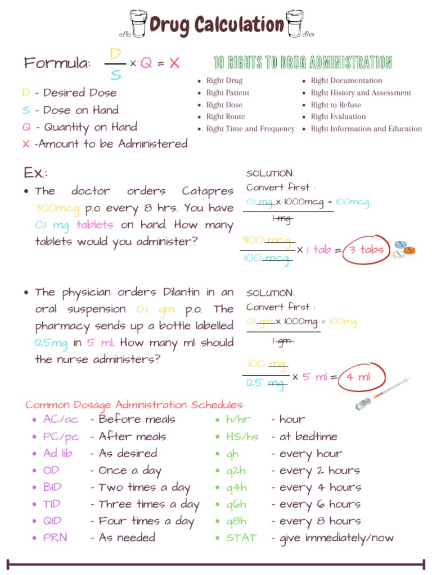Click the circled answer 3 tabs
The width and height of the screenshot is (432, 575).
[366, 250]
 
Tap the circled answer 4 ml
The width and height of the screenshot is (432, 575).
[358, 377]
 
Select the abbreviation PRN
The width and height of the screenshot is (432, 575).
[55, 537]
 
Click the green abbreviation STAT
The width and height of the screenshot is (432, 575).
[241, 537]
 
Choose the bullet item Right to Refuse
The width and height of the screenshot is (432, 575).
[336, 105]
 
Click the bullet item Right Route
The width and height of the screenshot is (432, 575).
[225, 117]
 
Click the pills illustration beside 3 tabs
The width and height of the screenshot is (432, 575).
[404, 249]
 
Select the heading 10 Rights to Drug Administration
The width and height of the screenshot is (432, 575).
[303, 62]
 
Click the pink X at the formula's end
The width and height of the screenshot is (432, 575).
[174, 63]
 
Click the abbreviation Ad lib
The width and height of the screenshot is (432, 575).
[57, 453]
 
